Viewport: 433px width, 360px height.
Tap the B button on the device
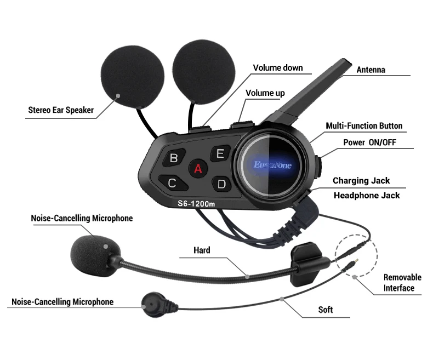pos(174,158)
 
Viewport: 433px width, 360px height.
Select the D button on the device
pos(221,184)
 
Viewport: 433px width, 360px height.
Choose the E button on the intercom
pos(220,153)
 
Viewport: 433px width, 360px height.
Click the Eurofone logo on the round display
pos(272,164)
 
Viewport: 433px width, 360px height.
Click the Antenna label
pos(371,70)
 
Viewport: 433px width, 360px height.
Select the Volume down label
pos(277,68)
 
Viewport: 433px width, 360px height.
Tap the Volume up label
pos(265,93)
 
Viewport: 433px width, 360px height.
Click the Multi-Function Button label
pos(364,126)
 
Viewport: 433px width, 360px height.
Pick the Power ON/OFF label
pos(369,142)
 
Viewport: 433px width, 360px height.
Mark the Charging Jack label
pos(361,181)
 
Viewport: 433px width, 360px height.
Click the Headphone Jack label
pos(367,195)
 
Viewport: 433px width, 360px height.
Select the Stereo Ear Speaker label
pos(61,110)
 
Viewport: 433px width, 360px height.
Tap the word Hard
pos(202,250)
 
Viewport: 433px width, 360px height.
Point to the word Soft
pos(326,310)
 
